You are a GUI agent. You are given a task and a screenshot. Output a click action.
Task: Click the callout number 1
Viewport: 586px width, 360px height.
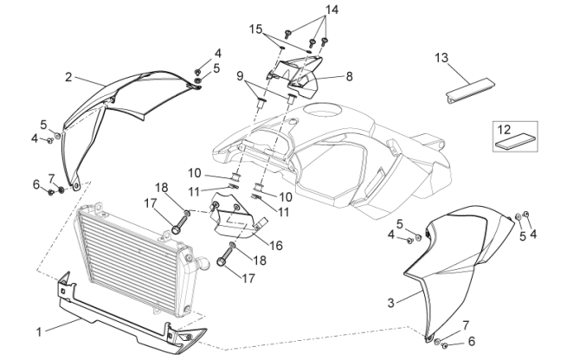39,331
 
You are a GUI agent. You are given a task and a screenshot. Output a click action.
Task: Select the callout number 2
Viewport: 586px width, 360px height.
68,77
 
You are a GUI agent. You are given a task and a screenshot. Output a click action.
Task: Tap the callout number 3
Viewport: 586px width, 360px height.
390,302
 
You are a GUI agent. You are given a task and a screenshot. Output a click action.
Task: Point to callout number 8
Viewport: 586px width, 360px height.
349,76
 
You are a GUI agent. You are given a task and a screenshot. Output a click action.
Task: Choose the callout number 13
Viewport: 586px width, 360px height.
441,58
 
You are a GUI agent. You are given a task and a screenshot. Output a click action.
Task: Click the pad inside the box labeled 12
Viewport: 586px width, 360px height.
514,141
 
